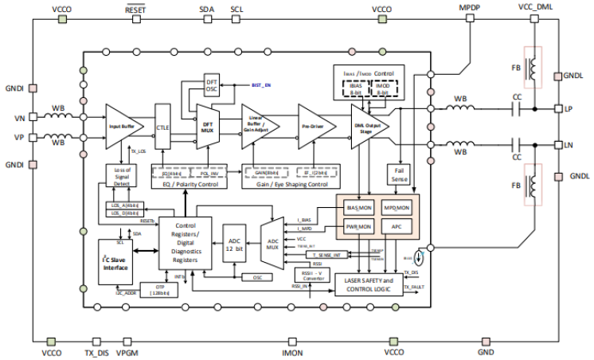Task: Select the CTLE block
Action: [x=163, y=127]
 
